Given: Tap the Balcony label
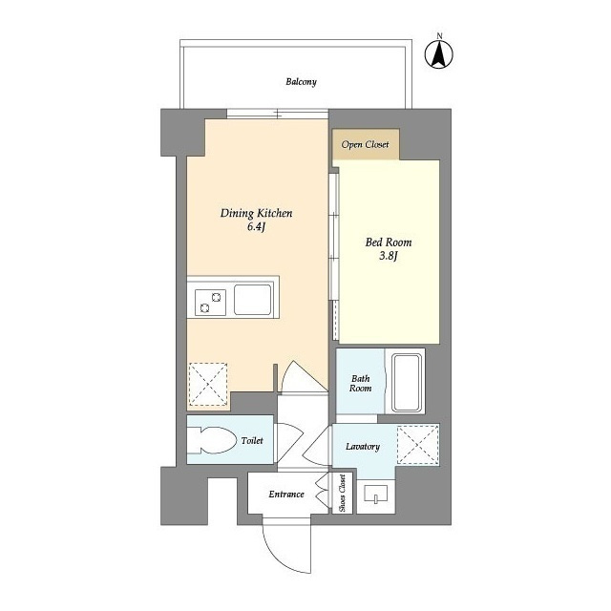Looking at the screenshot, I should (x=301, y=82).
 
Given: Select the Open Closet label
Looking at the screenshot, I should (x=366, y=144).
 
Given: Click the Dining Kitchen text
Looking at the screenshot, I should (x=256, y=214).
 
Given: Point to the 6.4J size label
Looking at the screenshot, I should (x=256, y=228).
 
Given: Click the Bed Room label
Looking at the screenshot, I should (x=388, y=242).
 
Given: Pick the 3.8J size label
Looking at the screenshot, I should (x=388, y=256).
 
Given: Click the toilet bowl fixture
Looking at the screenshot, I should (x=212, y=440).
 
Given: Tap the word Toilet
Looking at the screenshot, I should (x=252, y=441).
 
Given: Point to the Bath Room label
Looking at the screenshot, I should (x=360, y=382).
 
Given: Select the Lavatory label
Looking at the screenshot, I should (x=363, y=447).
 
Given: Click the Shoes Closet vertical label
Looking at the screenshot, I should (x=343, y=495).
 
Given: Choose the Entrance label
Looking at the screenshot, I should (x=285, y=494).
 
